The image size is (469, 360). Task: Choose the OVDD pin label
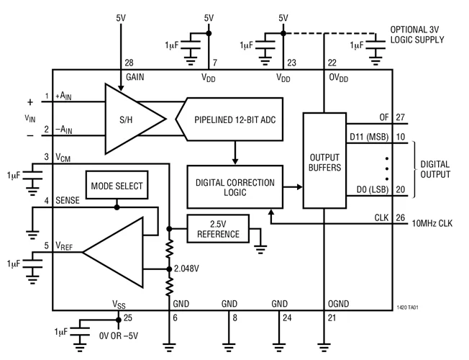[337, 77]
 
